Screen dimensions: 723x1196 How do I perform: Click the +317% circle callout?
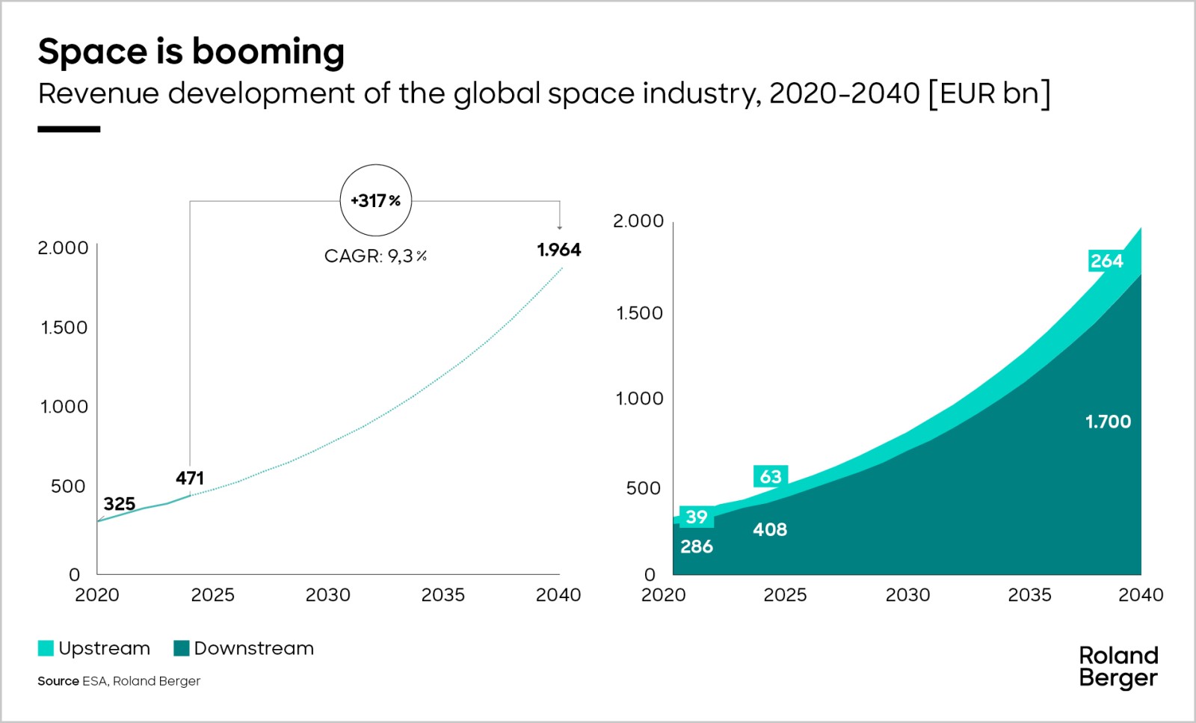pyautogui.click(x=375, y=200)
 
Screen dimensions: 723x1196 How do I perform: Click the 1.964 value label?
pyautogui.click(x=558, y=250)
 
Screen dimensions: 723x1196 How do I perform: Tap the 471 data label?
pyautogui.click(x=190, y=478)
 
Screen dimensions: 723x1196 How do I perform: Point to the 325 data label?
pyautogui.click(x=120, y=504)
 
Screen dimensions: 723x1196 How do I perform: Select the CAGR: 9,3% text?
pyautogui.click(x=375, y=256)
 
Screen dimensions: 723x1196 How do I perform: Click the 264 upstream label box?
pyautogui.click(x=1106, y=261)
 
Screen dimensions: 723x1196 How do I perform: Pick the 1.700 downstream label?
pyautogui.click(x=1108, y=422)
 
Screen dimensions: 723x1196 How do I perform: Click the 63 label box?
pyautogui.click(x=771, y=476)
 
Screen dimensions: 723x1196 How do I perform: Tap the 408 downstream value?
pyautogui.click(x=770, y=529)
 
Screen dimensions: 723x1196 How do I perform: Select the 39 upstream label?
pyautogui.click(x=697, y=517)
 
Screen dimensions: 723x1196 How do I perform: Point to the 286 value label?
pyautogui.click(x=697, y=547)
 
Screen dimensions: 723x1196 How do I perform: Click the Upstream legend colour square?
pyautogui.click(x=46, y=648)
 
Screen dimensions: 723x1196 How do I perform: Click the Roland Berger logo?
pyautogui.click(x=1118, y=666)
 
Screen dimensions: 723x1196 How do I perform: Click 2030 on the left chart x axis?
pyautogui.click(x=327, y=595)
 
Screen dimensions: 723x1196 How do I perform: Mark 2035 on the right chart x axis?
pyautogui.click(x=1029, y=595)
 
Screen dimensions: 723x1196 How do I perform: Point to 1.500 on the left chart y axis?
pyautogui.click(x=64, y=327)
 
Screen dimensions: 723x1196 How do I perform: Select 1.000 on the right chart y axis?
pyautogui.click(x=639, y=399)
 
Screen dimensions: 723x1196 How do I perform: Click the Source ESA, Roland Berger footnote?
pyautogui.click(x=119, y=681)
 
